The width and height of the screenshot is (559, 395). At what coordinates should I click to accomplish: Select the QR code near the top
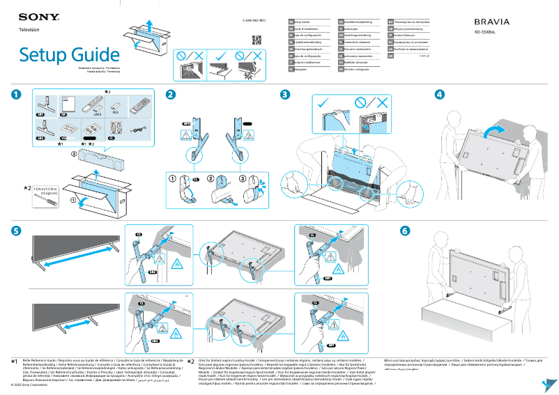tap(256, 39)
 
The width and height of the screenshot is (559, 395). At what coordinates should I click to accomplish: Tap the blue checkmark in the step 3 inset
tap(323, 104)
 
